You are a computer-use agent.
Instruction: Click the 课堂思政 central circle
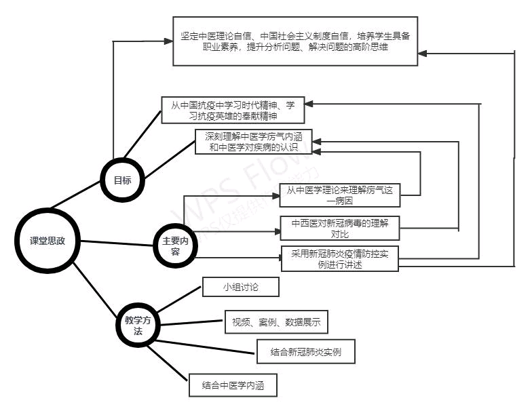coord(47,241)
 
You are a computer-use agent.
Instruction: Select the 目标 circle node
coord(122,180)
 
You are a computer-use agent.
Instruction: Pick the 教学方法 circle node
coord(138,326)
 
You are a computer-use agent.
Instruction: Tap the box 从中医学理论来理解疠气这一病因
coord(339,195)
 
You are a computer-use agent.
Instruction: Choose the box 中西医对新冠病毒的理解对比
coord(340,229)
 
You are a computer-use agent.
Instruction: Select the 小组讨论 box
coord(241,288)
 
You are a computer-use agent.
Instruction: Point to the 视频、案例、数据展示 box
coord(277,323)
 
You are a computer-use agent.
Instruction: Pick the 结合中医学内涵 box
coord(232,386)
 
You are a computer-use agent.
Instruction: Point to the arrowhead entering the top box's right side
coord(422,52)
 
